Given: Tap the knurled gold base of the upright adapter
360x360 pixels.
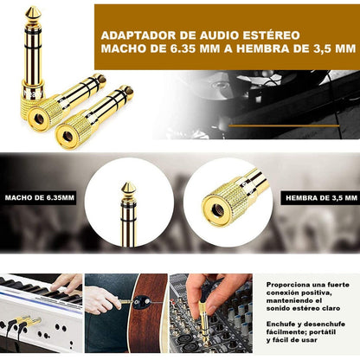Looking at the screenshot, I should [x=33, y=106].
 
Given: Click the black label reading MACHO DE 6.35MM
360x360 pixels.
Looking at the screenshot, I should [x=40, y=198].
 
